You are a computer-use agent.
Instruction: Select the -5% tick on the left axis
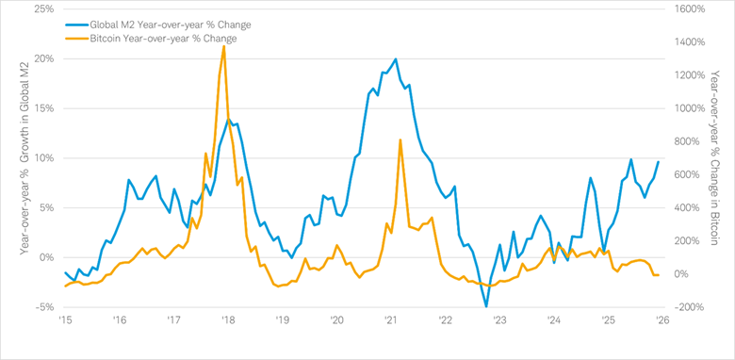42,307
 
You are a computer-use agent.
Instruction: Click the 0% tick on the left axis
44,257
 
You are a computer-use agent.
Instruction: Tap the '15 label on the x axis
64,320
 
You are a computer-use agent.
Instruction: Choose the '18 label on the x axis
228,320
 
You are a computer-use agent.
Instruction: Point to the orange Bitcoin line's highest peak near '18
223,45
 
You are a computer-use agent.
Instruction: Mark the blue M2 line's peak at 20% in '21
396,58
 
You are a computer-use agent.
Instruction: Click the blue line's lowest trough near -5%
486,306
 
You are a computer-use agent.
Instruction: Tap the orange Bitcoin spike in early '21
400,139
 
